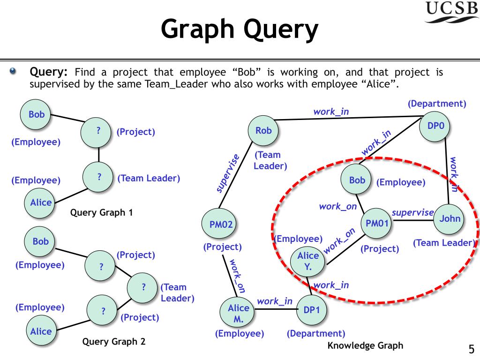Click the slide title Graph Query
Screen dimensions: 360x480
click(240, 30)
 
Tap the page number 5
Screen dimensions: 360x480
click(471, 349)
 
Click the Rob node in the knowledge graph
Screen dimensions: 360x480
click(263, 131)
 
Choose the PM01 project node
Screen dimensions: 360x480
click(377, 224)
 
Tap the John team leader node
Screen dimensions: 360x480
click(450, 218)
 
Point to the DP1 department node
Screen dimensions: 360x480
click(311, 310)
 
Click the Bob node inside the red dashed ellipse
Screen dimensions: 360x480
click(357, 180)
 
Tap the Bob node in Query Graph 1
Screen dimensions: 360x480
click(37, 114)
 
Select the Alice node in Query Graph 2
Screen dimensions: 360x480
click(41, 331)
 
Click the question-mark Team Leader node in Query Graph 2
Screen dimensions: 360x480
click(143, 286)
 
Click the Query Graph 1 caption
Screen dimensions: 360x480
click(101, 212)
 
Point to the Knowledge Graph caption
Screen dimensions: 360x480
click(365, 346)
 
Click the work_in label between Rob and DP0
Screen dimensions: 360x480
click(331, 112)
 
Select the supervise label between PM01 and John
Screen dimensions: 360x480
click(412, 212)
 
